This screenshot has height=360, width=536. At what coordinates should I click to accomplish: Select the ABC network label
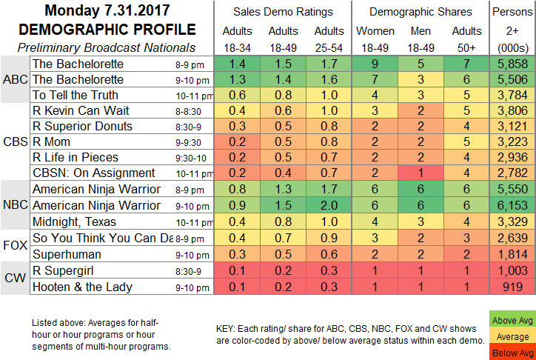coord(14,80)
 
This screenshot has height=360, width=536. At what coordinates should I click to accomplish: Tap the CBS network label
coord(14,141)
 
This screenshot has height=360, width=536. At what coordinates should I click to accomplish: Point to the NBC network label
coord(14,204)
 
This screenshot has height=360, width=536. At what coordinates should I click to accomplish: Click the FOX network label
coord(14,243)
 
